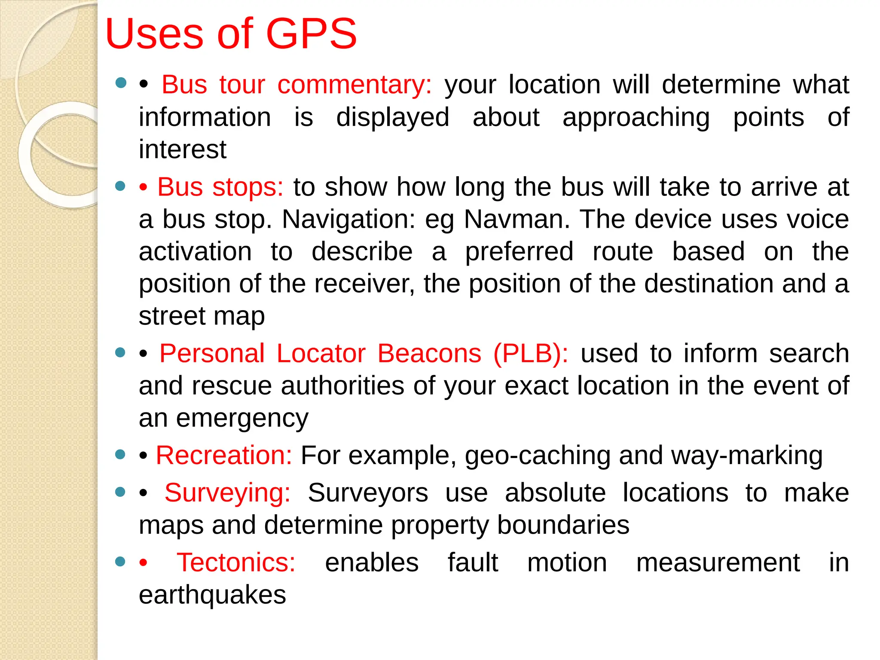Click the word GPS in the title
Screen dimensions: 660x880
click(x=312, y=34)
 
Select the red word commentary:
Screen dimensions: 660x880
click(x=354, y=85)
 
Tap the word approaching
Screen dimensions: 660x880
click(x=636, y=118)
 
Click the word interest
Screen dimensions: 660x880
click(x=183, y=150)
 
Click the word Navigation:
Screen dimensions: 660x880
click(x=348, y=220)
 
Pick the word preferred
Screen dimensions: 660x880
click(x=519, y=252)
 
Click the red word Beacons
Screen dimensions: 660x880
click(x=429, y=354)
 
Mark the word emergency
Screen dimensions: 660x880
click(x=242, y=418)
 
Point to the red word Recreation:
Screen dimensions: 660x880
click(x=224, y=455)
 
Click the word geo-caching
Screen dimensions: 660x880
click(x=538, y=455)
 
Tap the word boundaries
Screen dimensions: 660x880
click(x=563, y=525)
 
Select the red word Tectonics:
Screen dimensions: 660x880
click(x=236, y=562)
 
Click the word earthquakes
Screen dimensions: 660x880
click(x=212, y=595)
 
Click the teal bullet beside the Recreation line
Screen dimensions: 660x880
click(x=121, y=454)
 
